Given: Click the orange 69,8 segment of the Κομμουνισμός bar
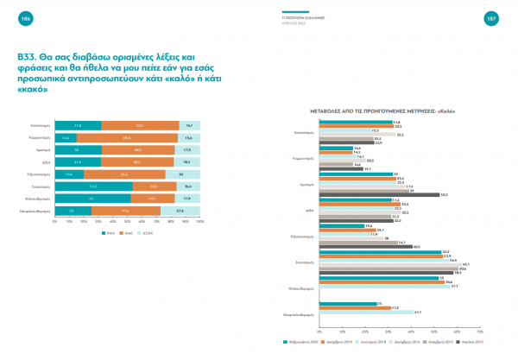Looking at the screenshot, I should click(x=126, y=137).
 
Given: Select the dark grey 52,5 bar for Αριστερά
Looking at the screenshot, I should click(x=379, y=194).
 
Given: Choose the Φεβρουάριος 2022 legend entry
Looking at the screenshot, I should click(x=304, y=342).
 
